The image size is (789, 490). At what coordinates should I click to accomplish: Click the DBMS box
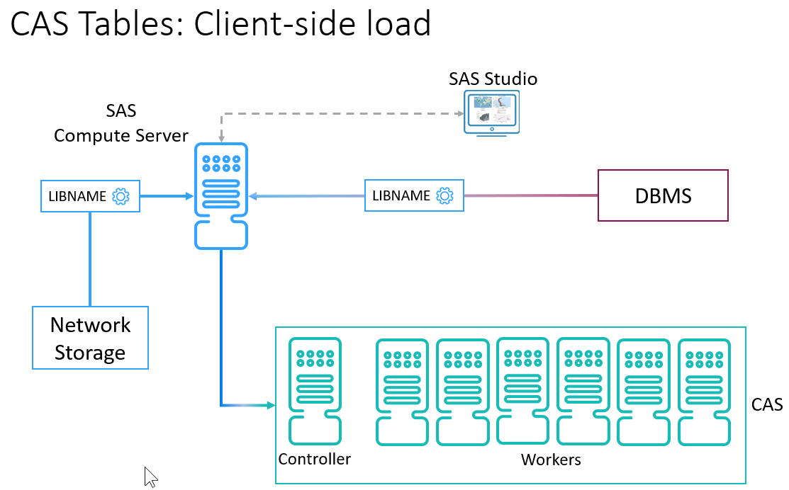tap(663, 195)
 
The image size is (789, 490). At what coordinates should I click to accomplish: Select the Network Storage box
tap(90, 338)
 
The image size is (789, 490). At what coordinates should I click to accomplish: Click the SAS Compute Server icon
tap(220, 195)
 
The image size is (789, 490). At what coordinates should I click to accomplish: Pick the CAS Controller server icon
tap(315, 391)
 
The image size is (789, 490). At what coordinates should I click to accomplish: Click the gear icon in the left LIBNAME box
tap(121, 196)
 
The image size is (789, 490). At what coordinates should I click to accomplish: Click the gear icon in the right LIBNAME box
tap(444, 195)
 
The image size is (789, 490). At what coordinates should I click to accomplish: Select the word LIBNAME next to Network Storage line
tap(77, 196)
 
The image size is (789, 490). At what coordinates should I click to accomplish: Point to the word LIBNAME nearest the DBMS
tap(401, 195)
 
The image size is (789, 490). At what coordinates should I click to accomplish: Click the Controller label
tap(314, 459)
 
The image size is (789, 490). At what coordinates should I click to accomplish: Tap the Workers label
tap(551, 460)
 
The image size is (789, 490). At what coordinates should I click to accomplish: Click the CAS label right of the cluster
tap(766, 404)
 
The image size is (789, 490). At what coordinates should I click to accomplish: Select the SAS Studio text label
tap(493, 79)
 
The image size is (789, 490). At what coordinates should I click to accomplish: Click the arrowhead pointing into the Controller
tap(270, 405)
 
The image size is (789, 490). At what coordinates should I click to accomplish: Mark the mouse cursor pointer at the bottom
tap(150, 476)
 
